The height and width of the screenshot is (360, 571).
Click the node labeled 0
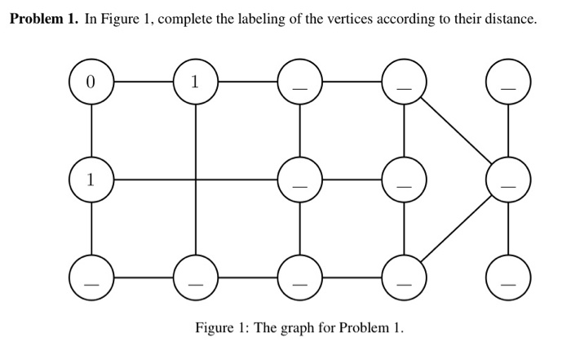[91, 82]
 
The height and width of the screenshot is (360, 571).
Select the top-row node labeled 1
[195, 82]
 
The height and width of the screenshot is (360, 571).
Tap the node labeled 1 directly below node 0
[91, 180]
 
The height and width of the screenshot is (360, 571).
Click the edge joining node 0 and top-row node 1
[143, 82]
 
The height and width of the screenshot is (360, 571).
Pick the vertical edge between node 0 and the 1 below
[91, 131]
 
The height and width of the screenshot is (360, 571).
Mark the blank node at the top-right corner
[508, 82]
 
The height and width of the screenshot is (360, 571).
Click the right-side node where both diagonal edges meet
[508, 180]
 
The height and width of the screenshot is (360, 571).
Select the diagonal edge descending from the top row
[456, 132]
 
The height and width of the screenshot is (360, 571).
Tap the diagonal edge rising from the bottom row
[456, 229]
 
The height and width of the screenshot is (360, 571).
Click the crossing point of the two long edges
[195, 180]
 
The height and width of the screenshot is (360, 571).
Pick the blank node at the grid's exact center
[299, 180]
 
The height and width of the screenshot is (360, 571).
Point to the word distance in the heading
[512, 20]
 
